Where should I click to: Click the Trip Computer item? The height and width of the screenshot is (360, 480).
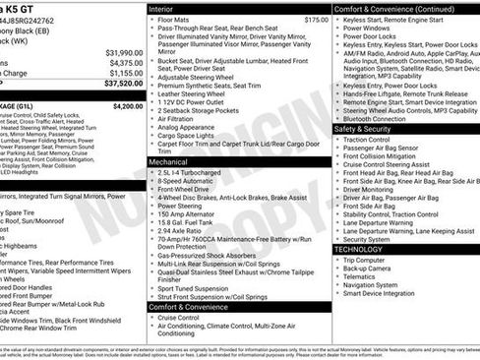click(370, 260)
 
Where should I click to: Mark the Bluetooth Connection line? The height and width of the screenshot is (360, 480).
click(379, 119)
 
